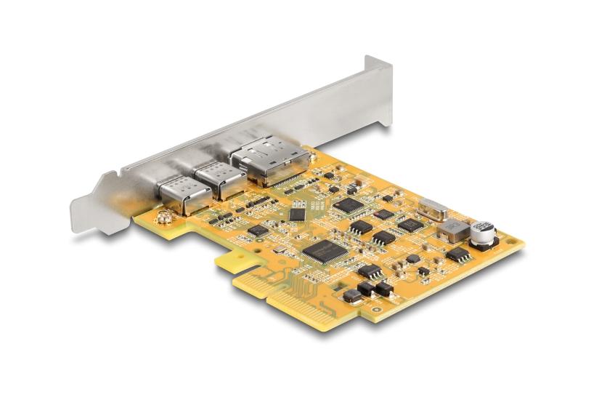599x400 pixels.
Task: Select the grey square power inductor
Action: click(450, 230)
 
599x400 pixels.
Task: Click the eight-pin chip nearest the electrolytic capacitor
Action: click(457, 254)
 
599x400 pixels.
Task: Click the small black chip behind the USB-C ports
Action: click(258, 231)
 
